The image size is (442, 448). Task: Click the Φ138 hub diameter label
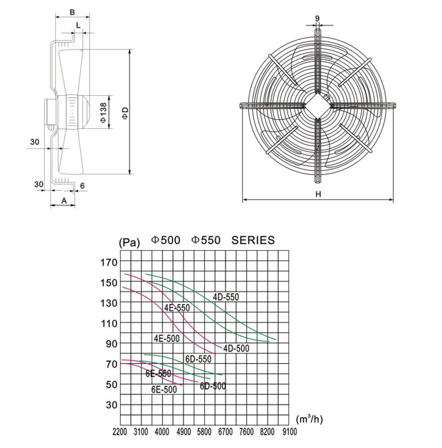coord(103,112)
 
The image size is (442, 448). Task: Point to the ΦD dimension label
coord(125,113)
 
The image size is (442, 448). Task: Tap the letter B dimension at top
coord(72,12)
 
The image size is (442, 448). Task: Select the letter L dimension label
coord(79,26)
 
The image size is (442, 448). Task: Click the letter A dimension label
coord(64,201)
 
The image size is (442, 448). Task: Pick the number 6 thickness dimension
coord(82,186)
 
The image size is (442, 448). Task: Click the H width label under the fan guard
coord(318,194)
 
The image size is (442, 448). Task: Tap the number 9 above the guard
coord(317,19)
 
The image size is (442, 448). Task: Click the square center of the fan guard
coord(317,105)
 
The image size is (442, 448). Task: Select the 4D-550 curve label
coord(226,297)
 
